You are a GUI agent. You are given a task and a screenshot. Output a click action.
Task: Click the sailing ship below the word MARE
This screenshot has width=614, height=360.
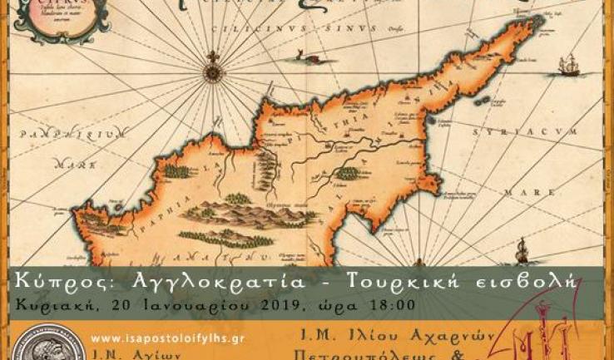(x=522, y=249)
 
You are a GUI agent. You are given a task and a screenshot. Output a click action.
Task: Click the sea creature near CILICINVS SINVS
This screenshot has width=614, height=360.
(x=295, y=56)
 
